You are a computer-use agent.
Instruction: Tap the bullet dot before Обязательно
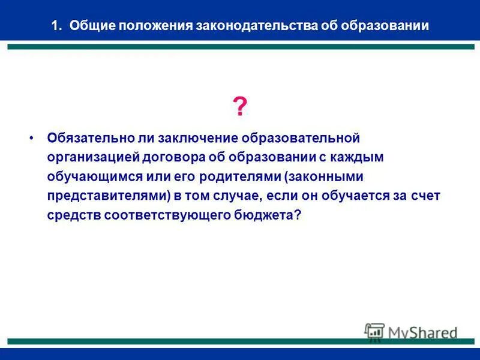(32, 137)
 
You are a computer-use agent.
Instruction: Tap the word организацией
(93, 157)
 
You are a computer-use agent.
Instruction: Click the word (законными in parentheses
(324, 177)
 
